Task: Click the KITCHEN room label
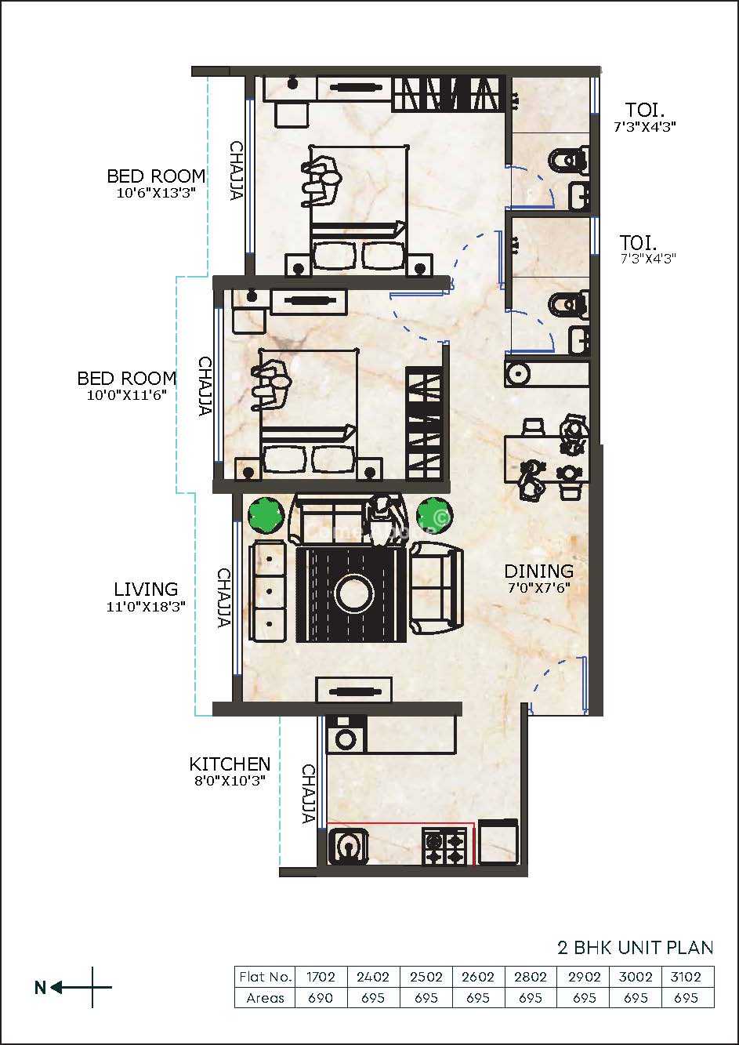click(230, 764)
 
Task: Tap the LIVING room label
click(146, 590)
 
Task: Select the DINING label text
click(539, 571)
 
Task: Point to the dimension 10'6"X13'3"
click(155, 193)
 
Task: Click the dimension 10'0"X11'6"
click(127, 395)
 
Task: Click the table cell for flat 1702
click(321, 977)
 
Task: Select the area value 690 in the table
click(321, 998)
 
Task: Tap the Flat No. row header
click(265, 977)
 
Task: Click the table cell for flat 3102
click(686, 977)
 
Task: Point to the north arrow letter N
click(41, 988)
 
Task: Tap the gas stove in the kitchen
click(444, 845)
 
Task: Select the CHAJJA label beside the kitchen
click(308, 793)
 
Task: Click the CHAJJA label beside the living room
click(224, 597)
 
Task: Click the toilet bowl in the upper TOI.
click(567, 161)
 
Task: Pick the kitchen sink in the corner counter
click(347, 846)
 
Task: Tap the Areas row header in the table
click(265, 998)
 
